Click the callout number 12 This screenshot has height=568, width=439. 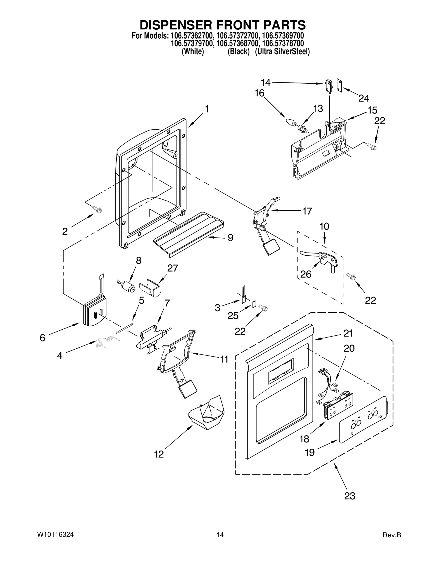tap(159, 454)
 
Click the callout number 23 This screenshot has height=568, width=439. tap(350, 496)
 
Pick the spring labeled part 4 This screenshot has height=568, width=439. tap(108, 342)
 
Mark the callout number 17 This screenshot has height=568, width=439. tap(307, 211)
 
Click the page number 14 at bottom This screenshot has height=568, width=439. tap(219, 535)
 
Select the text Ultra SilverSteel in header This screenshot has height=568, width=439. tap(282, 51)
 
